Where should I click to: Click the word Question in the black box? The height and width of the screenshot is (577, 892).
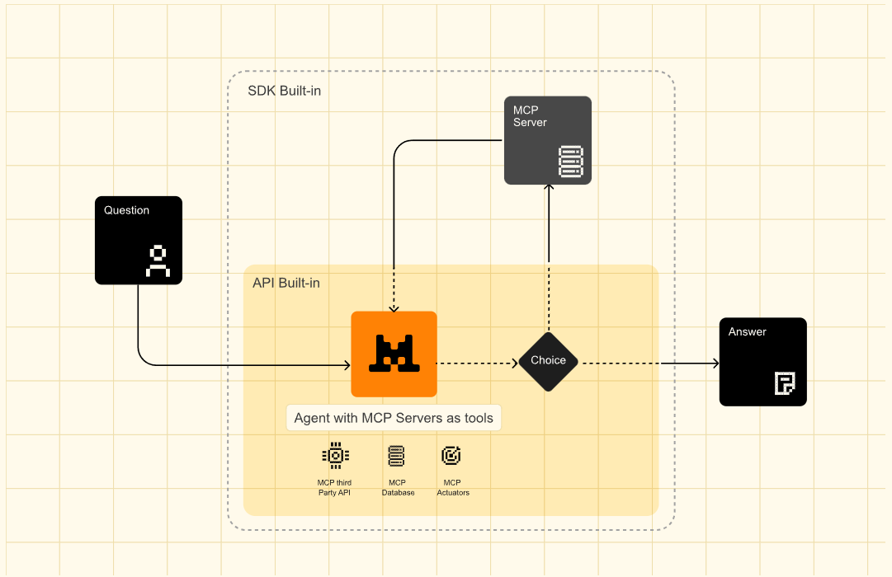coord(126,210)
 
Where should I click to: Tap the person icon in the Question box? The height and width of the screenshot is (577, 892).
coord(158,261)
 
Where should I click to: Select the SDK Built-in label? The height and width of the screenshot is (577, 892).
coord(285,91)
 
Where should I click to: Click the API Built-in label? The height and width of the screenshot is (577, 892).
coord(286,283)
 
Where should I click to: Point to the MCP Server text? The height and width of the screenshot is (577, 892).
coord(530,116)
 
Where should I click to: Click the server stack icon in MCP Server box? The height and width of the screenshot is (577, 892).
coord(570,162)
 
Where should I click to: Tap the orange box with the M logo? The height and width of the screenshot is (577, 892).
coord(394,354)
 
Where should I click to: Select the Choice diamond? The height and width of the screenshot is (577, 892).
coord(549,362)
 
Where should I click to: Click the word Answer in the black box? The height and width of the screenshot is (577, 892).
coord(747,332)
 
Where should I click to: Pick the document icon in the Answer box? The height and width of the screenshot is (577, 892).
coord(785,382)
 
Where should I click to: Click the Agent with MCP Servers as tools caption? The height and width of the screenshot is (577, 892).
coord(394,418)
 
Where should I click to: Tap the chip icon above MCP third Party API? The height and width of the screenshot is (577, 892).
coord(336,456)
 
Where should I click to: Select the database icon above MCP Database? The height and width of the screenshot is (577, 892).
coord(397,456)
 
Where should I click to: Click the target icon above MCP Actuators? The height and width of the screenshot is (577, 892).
coord(451,455)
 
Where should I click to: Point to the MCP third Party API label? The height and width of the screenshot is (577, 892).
coord(334,488)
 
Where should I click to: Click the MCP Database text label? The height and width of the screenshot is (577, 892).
coord(398,488)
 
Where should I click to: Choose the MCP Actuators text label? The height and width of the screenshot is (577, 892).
coord(453,488)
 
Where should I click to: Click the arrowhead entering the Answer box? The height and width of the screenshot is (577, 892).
coord(715,364)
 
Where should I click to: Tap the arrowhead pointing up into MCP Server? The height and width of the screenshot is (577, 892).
coord(549,188)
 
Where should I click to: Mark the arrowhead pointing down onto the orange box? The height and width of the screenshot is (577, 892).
coord(394,308)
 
